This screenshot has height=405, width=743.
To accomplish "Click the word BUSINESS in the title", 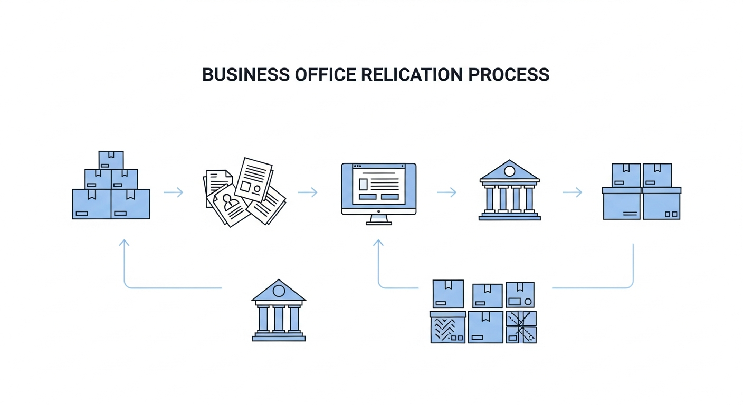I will click(x=246, y=74).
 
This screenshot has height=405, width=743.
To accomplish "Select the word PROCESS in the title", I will click(x=509, y=74).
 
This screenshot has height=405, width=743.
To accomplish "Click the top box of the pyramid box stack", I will click(x=111, y=160).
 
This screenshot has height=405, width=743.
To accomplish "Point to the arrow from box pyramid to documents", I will click(x=174, y=192).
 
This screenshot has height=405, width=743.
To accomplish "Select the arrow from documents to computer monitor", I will click(x=308, y=192).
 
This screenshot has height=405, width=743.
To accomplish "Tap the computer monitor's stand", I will click(x=379, y=220).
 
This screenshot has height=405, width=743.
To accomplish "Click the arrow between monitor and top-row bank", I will click(x=446, y=192).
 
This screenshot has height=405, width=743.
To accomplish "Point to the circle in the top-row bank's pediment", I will click(x=509, y=171).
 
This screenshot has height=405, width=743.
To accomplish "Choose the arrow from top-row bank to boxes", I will click(x=572, y=192).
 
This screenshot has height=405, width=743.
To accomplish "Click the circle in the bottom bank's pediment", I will click(x=279, y=291).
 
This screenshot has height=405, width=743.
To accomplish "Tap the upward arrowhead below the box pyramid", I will click(x=124, y=243).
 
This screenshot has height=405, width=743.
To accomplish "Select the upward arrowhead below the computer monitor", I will click(x=378, y=243).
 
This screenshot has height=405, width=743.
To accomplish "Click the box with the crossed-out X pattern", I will click(x=521, y=327).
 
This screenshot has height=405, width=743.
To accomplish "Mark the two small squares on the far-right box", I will click(x=671, y=214).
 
